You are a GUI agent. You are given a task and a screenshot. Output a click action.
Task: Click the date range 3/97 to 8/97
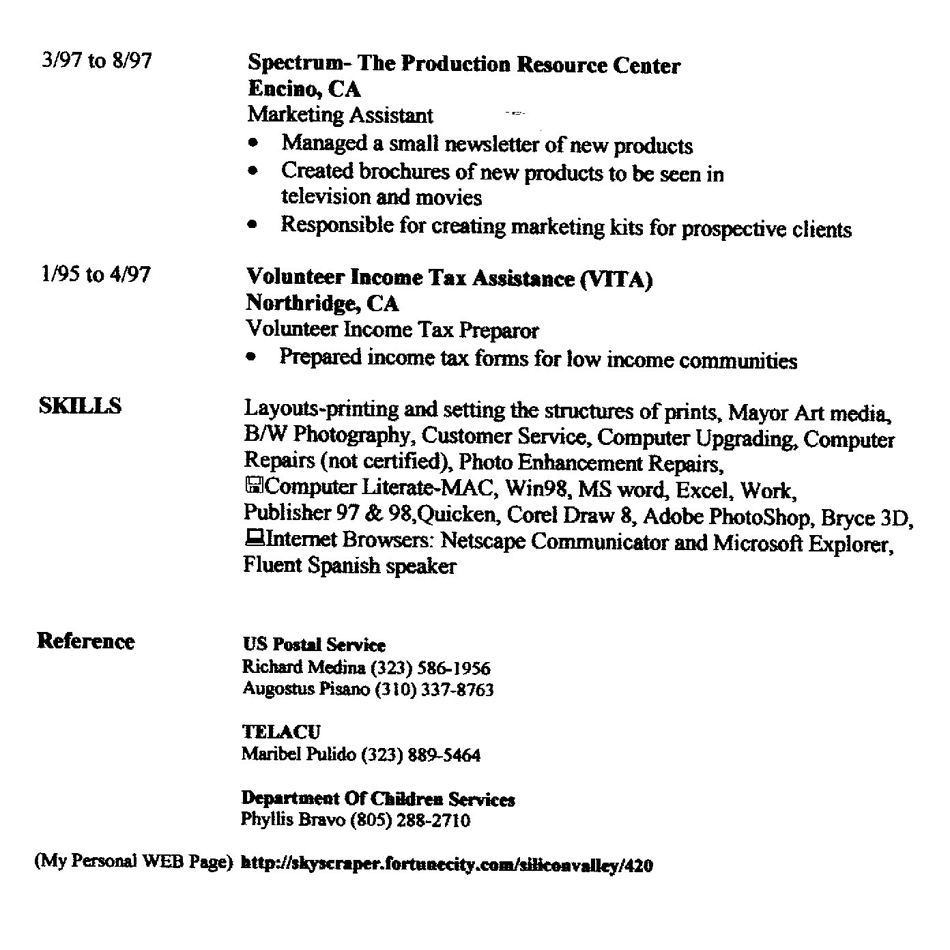[96, 61]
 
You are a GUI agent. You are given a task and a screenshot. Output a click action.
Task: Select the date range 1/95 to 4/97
[96, 274]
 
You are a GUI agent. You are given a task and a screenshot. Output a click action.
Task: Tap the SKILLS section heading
[81, 406]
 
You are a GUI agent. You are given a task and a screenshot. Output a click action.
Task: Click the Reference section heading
[86, 642]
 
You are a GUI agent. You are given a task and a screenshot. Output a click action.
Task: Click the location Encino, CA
[304, 89]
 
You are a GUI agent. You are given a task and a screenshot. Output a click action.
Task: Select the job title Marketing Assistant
[340, 115]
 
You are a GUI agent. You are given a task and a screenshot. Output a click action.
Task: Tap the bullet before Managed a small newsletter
[254, 145]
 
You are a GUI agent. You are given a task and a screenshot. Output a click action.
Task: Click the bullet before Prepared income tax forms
[253, 357]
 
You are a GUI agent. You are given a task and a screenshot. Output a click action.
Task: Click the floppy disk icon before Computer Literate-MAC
[254, 487]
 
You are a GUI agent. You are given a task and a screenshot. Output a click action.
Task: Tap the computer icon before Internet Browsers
[253, 539]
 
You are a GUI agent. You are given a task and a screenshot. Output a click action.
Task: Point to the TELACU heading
[280, 732]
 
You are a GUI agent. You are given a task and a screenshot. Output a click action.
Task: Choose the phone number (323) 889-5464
[420, 755]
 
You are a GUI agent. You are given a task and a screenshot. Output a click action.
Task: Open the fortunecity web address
[447, 865]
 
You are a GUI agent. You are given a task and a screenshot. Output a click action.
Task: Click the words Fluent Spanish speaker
[349, 566]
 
